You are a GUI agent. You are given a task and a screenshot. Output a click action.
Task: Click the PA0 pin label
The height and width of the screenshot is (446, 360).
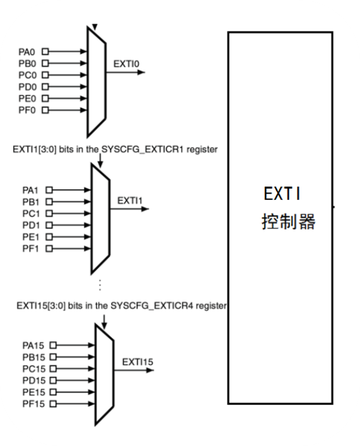point(26,52)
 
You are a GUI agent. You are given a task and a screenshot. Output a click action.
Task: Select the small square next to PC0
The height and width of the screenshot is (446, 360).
point(45,75)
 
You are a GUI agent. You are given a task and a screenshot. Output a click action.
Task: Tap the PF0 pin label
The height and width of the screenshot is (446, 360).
point(27,110)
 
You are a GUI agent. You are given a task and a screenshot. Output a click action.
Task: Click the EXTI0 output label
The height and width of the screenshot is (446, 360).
point(126,64)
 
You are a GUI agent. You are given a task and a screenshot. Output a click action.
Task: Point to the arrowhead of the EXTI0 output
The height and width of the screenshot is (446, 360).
point(141,73)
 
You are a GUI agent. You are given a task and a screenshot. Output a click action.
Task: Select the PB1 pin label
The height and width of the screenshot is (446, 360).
point(31,202)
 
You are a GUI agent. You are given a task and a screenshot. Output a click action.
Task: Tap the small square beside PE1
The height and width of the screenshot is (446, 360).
point(49,237)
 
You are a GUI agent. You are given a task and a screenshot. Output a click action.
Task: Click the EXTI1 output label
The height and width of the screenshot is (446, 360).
point(130,201)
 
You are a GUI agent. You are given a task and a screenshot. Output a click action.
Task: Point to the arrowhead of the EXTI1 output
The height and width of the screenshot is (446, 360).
point(145,209)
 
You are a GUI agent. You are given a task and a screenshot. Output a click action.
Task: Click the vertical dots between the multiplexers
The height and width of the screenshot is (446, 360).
point(100,285)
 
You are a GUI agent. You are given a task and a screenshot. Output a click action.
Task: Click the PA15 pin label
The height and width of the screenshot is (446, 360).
point(33,346)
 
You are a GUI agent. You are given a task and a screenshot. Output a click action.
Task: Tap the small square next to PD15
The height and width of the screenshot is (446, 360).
point(53,380)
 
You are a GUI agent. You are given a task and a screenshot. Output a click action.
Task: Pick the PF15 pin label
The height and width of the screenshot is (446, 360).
point(33,404)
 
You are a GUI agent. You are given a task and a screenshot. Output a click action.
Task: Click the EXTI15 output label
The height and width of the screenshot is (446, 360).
point(137,362)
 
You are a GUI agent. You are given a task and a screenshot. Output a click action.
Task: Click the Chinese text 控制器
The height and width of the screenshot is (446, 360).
point(288,221)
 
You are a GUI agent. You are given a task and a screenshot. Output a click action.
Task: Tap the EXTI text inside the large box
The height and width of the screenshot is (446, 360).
point(282,194)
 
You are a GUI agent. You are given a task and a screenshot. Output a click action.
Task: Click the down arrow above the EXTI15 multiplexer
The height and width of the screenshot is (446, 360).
point(104,322)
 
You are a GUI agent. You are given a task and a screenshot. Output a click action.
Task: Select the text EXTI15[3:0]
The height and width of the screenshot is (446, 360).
point(41,306)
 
